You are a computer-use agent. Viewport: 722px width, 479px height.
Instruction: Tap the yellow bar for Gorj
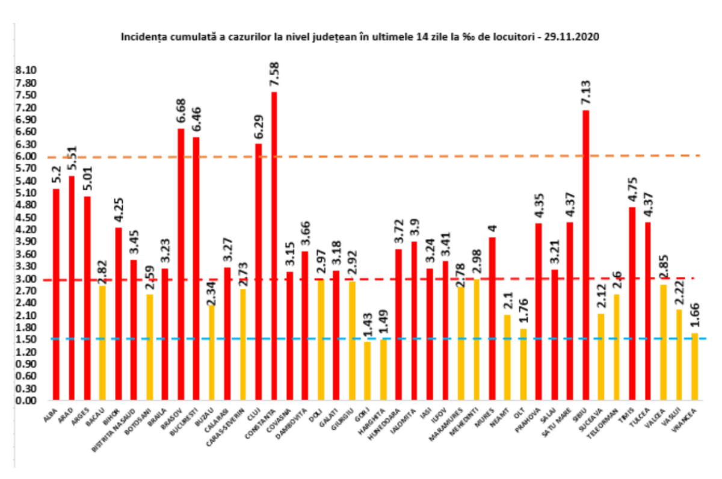[368, 371]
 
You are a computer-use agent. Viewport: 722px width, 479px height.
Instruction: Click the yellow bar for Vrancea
[694, 366]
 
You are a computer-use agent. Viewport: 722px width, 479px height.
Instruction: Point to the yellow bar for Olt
[523, 364]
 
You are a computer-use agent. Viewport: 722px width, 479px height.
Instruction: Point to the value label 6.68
[180, 110]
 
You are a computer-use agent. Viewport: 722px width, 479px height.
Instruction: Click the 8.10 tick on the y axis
[26, 70]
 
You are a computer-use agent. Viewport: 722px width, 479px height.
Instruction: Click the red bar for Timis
[632, 303]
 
